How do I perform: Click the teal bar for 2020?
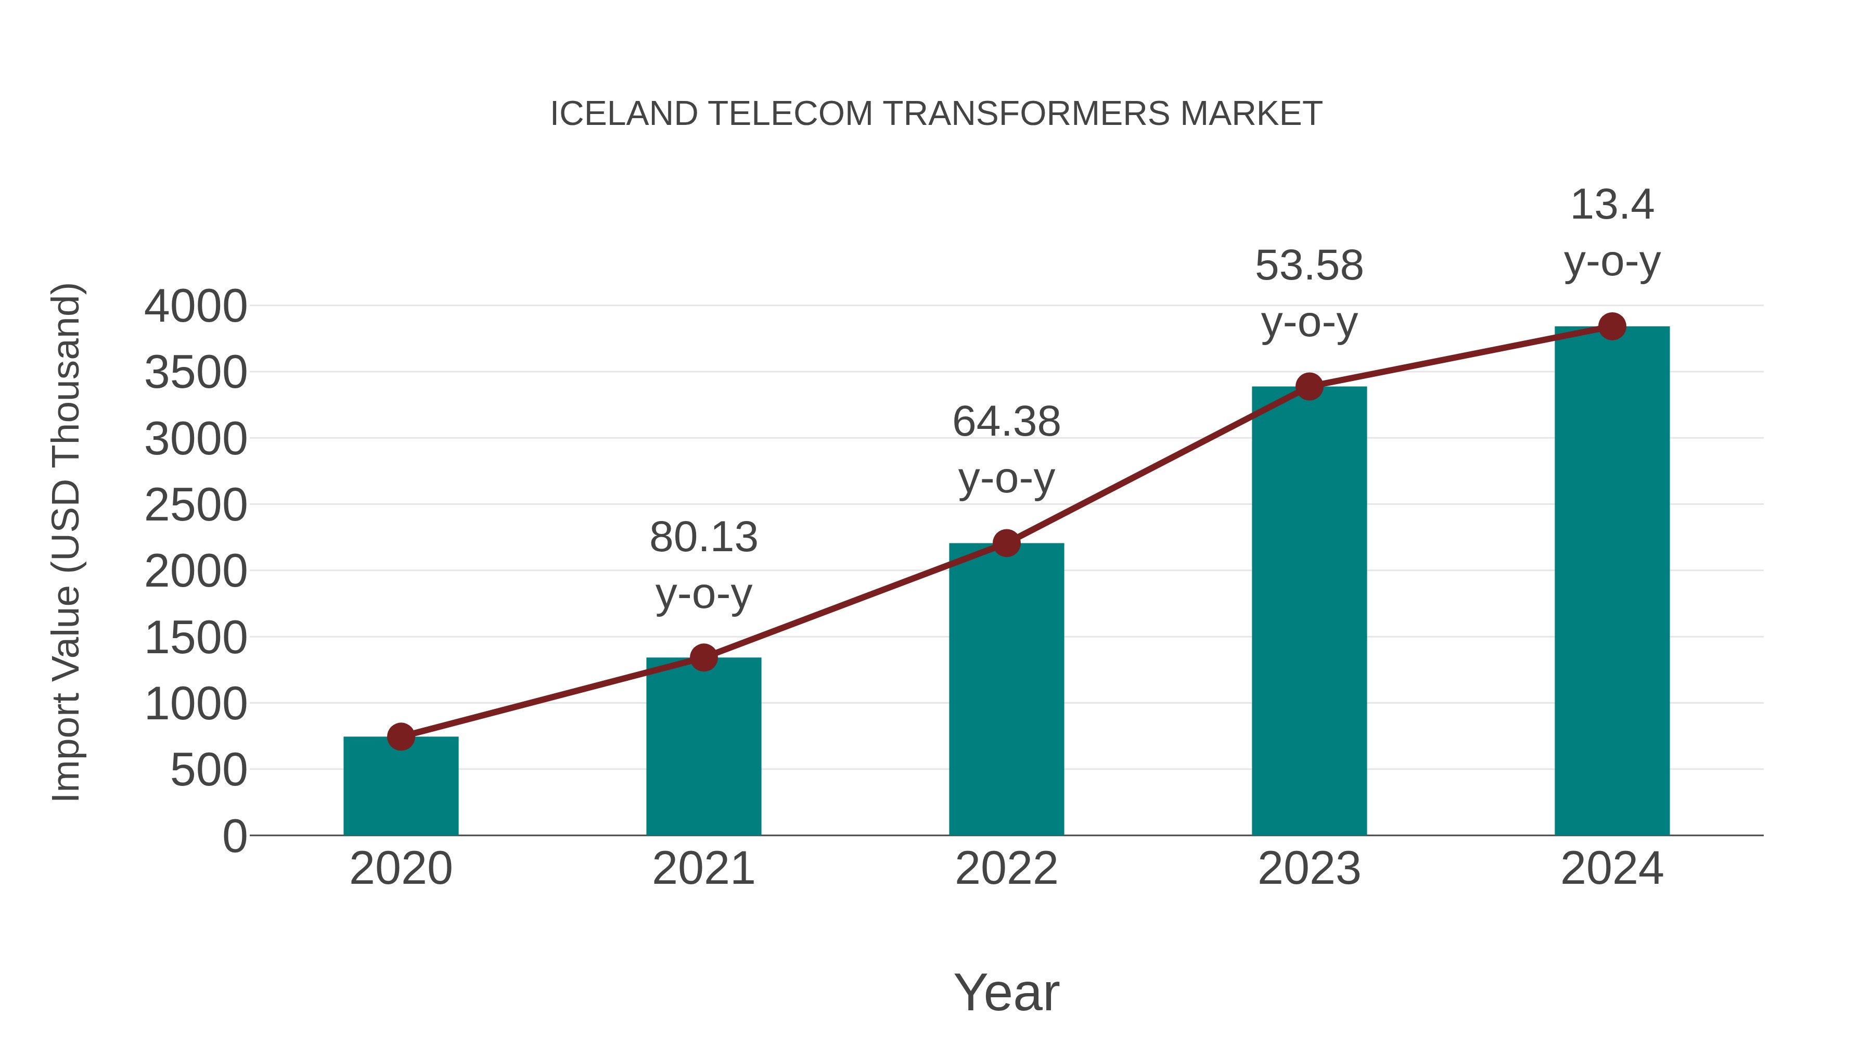pyautogui.click(x=401, y=789)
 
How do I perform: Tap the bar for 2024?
pyautogui.click(x=1612, y=582)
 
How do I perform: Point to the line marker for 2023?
pyautogui.click(x=1309, y=386)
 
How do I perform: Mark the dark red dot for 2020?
pyautogui.click(x=401, y=737)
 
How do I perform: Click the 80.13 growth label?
pyautogui.click(x=703, y=538)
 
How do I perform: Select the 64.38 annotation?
pyautogui.click(x=1006, y=422)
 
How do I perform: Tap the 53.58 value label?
pyautogui.click(x=1309, y=265)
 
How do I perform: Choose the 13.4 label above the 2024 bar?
pyautogui.click(x=1612, y=205)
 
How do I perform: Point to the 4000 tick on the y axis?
pyautogui.click(x=196, y=306)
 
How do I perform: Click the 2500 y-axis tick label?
pyautogui.click(x=196, y=505)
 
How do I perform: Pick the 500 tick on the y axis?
pyautogui.click(x=209, y=770)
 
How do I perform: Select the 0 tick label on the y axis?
pyautogui.click(x=234, y=836)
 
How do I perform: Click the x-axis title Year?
pyautogui.click(x=1006, y=992)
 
